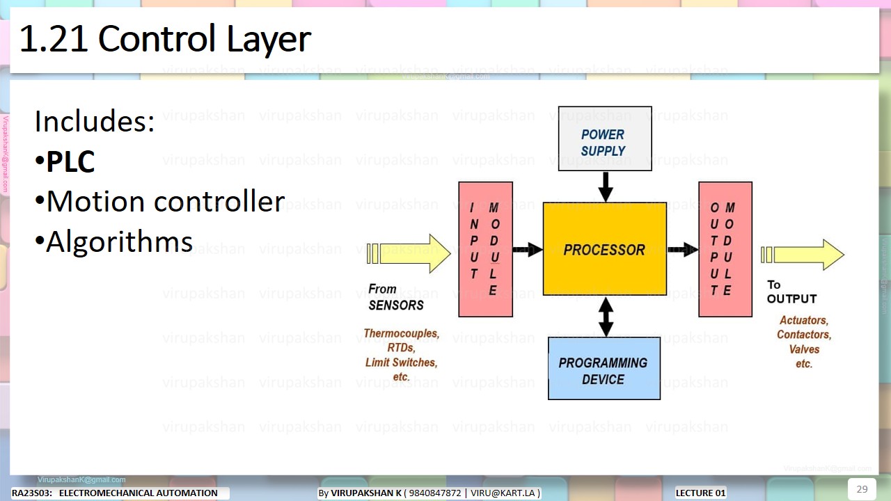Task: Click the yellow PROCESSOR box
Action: [604, 249]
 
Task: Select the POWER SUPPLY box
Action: [604, 138]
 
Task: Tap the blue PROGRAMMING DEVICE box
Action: [604, 369]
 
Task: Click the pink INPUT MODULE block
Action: [485, 249]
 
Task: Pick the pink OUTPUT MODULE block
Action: [725, 249]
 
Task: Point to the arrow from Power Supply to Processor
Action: [606, 186]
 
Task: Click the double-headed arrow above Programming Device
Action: [606, 317]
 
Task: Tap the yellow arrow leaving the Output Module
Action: [804, 255]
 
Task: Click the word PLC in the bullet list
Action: [70, 161]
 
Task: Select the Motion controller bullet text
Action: [165, 202]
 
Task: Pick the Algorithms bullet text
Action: [119, 242]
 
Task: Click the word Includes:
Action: [94, 122]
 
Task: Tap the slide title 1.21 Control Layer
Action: [164, 40]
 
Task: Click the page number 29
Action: [862, 488]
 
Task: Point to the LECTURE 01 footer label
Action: [700, 493]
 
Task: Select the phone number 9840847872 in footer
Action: [434, 493]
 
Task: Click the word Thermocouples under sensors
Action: [401, 333]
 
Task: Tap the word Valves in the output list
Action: [804, 349]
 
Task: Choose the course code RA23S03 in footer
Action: [31, 493]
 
